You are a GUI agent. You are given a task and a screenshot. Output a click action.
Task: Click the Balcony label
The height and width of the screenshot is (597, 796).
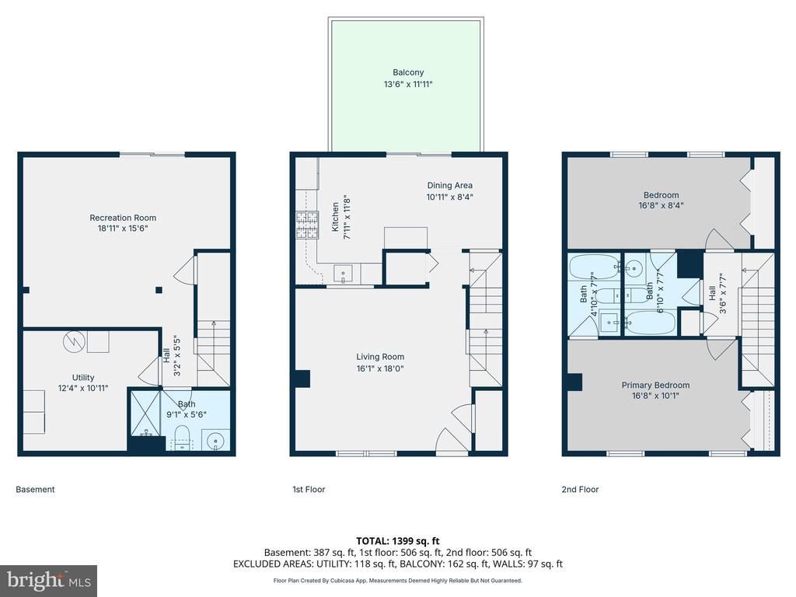point(408,72)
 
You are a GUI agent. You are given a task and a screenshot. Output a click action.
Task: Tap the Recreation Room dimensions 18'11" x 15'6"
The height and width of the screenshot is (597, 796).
point(123,229)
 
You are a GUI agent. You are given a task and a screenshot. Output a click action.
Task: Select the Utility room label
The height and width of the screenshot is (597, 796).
point(82,377)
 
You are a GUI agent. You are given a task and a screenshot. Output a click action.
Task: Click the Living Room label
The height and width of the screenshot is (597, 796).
point(380,357)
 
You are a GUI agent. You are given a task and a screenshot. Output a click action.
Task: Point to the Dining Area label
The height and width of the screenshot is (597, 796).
point(450,185)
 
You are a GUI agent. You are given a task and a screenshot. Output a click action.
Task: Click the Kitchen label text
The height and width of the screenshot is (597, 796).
point(335,218)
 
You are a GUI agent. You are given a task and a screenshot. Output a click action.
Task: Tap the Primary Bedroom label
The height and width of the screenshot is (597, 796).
point(655,385)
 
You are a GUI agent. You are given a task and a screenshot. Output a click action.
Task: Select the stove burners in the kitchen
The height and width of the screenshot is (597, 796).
point(307,225)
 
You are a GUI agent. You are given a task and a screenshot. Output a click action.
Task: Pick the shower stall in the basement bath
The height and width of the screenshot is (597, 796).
point(145,414)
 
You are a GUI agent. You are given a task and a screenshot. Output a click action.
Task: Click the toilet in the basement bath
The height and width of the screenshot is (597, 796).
point(181,438)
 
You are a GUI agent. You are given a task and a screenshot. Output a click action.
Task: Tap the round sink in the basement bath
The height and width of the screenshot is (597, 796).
point(216,440)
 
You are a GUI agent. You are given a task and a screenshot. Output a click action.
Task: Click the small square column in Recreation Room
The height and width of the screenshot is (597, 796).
point(159,291)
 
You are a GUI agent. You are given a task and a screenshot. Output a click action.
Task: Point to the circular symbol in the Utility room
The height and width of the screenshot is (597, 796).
point(74,342)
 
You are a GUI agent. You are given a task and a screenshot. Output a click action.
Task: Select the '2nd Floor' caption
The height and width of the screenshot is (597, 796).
point(580,490)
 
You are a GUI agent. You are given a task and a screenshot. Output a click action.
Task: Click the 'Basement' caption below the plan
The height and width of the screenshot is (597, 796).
point(35,490)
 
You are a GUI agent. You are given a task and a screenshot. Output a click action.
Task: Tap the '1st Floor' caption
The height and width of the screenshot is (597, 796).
point(309,490)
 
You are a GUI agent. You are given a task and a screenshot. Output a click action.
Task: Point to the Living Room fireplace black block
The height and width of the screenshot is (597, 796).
point(302,379)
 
